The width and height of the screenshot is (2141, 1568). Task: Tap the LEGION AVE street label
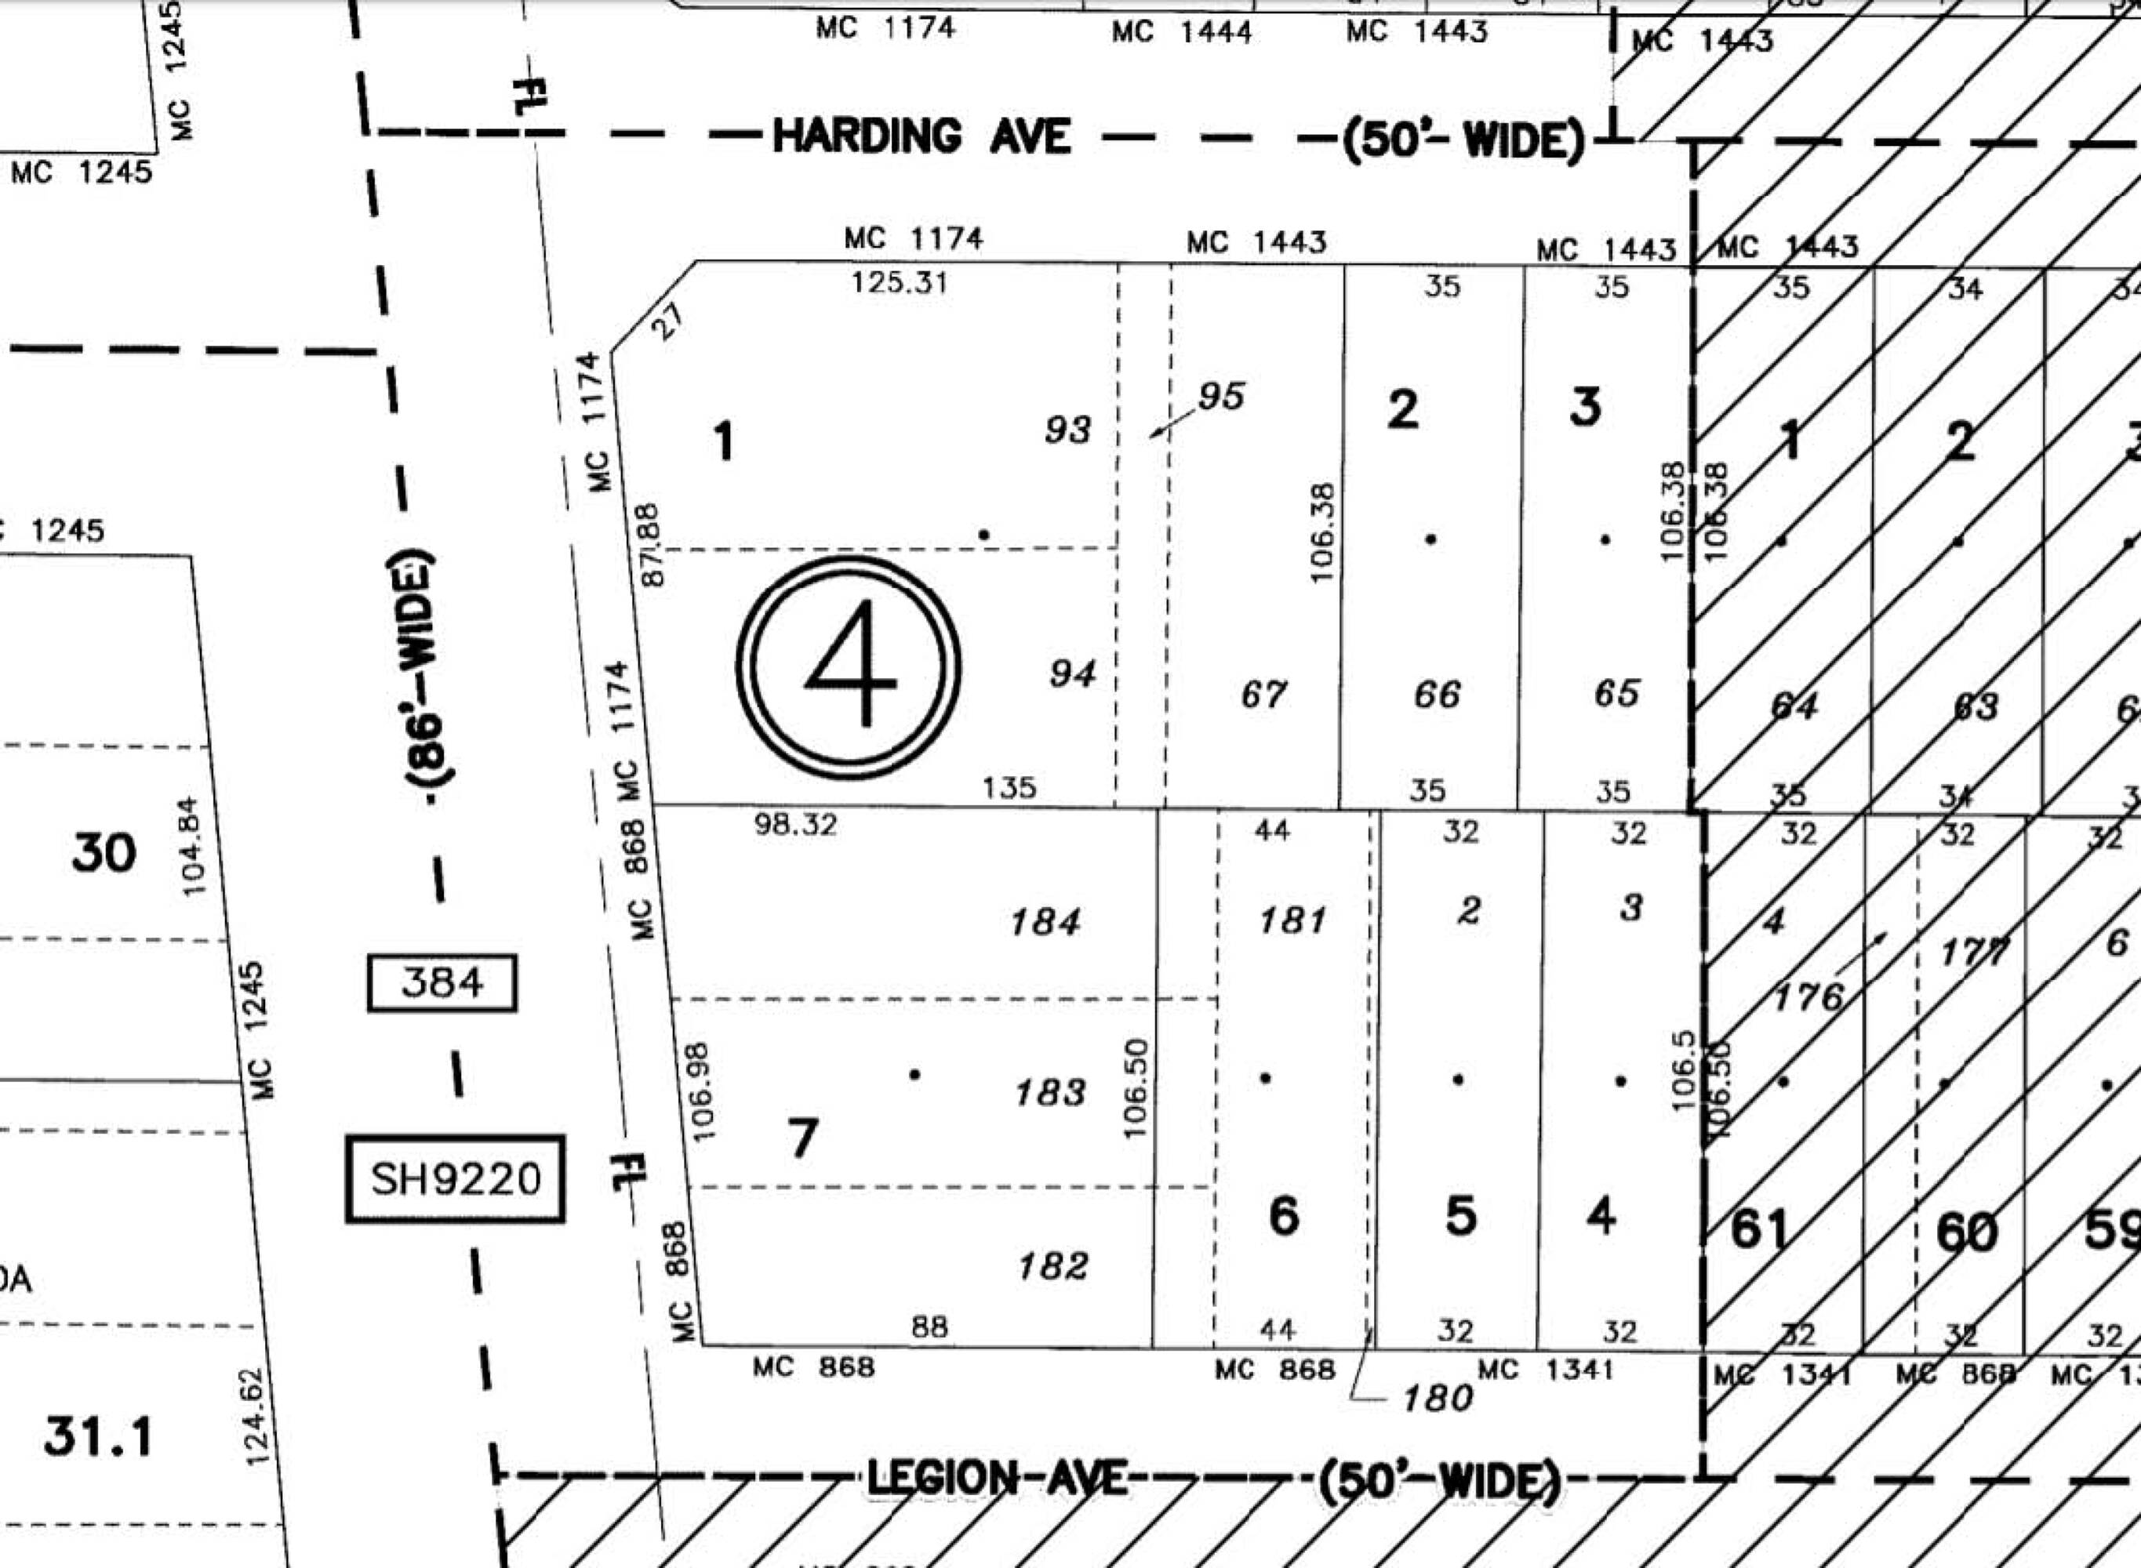997,1479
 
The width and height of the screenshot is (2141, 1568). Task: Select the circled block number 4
849,667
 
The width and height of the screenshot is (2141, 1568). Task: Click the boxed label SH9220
455,1179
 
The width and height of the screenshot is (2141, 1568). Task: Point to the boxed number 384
442,982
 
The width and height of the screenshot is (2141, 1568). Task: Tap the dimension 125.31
899,283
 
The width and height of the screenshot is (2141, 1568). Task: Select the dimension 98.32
796,825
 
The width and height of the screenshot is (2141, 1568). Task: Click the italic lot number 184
1045,922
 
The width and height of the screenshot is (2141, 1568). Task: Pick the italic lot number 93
1068,430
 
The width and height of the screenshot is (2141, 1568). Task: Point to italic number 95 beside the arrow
1221,397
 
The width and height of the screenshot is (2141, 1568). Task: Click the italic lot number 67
1263,695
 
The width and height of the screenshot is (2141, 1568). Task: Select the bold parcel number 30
104,853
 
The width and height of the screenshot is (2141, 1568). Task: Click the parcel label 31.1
98,1437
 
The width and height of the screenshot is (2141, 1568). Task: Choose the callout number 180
1438,1397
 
